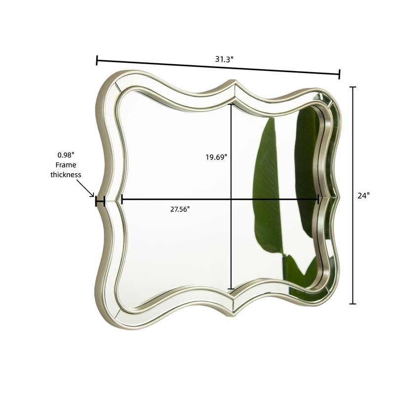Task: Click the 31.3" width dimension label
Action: [x=224, y=59]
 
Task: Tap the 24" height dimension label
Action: [x=363, y=195]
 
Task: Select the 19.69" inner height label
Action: [x=216, y=157]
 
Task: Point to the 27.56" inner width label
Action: [x=180, y=209]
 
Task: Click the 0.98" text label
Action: [x=66, y=155]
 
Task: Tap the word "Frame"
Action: [x=66, y=165]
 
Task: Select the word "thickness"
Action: [x=66, y=175]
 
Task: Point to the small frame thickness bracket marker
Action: [x=100, y=201]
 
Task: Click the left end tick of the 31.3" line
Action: [x=97, y=60]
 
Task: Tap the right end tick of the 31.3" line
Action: [x=340, y=75]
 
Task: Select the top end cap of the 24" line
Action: [x=353, y=87]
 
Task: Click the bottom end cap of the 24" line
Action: [x=353, y=304]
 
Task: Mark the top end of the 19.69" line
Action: [x=231, y=104]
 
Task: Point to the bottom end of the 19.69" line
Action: [x=231, y=289]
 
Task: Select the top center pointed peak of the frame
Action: [x=235, y=82]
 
